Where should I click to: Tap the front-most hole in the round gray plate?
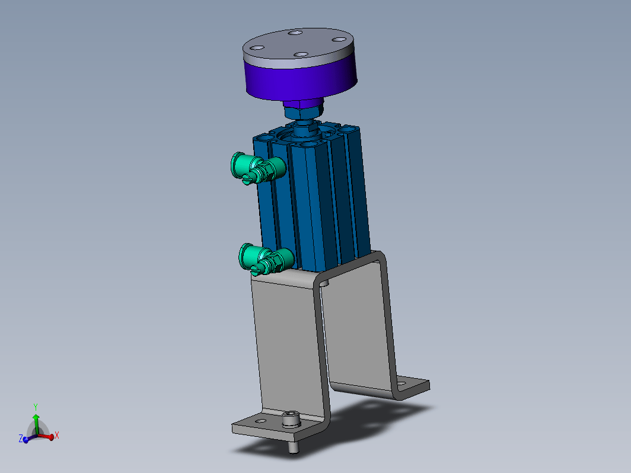(x=301, y=55)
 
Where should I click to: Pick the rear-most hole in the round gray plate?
(x=295, y=32)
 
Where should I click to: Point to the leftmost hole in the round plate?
(x=256, y=48)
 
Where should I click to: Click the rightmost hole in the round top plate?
(x=340, y=39)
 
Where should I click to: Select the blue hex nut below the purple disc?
(x=304, y=111)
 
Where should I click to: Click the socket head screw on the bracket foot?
(x=291, y=418)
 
